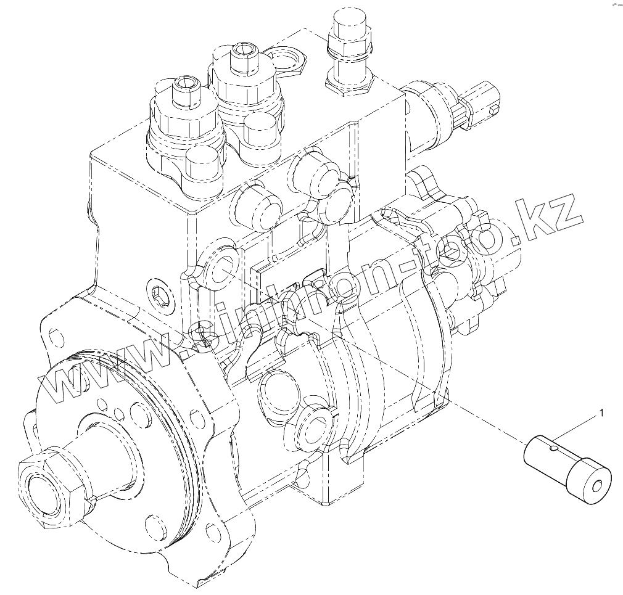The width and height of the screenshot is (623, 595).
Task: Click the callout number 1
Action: (x=601, y=413)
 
